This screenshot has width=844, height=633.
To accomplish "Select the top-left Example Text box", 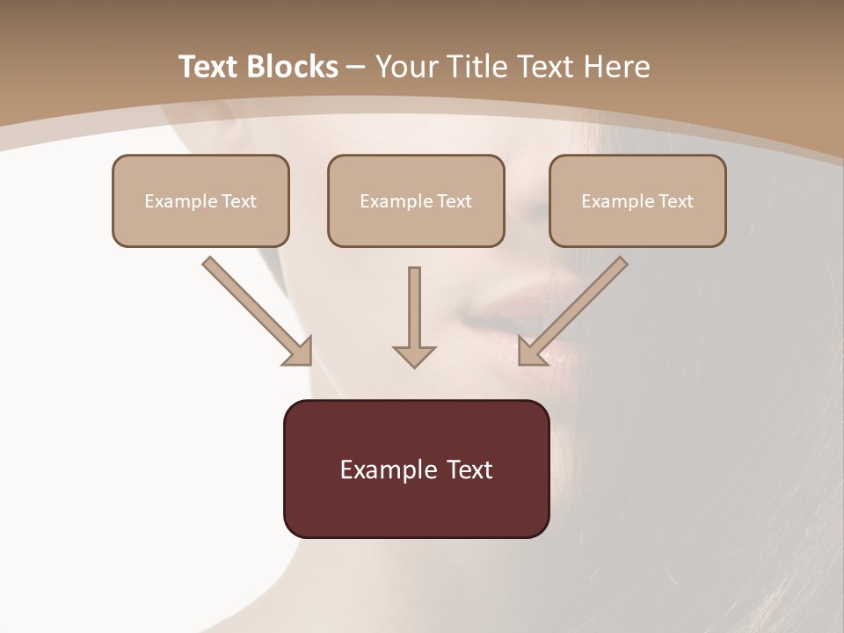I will pyautogui.click(x=200, y=200).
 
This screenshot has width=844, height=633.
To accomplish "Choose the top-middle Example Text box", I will pyautogui.click(x=416, y=200).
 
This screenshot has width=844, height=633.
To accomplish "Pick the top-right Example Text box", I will pyautogui.click(x=637, y=200).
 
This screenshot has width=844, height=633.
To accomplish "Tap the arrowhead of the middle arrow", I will pyautogui.click(x=414, y=355).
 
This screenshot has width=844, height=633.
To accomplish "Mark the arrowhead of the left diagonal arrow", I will pyautogui.click(x=299, y=352).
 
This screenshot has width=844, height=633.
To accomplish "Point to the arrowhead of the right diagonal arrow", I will pyautogui.click(x=531, y=352).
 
